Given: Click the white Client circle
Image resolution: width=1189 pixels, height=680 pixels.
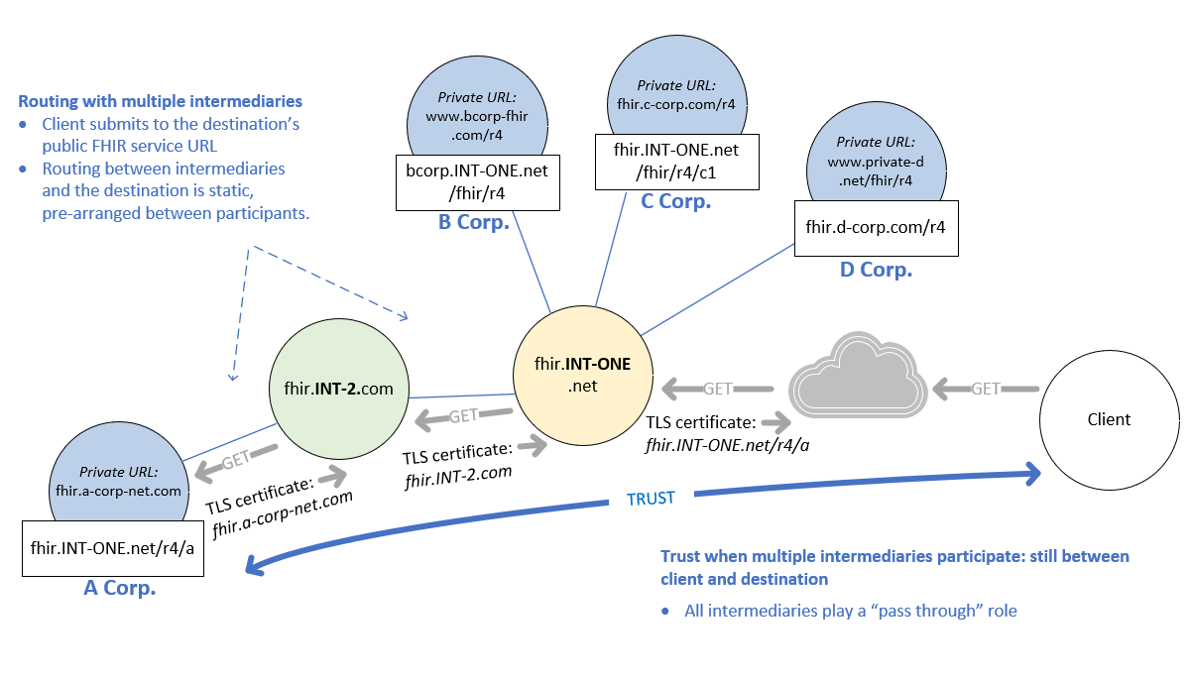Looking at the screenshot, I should pyautogui.click(x=1108, y=418).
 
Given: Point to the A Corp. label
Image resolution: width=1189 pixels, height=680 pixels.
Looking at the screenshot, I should pyautogui.click(x=119, y=588).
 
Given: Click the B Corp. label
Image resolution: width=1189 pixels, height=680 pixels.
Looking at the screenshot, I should pyautogui.click(x=473, y=222).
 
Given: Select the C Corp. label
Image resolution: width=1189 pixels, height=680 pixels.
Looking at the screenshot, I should pyautogui.click(x=676, y=201).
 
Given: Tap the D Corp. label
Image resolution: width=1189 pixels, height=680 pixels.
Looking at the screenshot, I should pyautogui.click(x=876, y=269).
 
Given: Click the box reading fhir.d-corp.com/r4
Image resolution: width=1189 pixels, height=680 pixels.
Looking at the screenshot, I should pyautogui.click(x=876, y=227).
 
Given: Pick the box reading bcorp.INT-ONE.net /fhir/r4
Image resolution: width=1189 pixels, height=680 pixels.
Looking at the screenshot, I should pyautogui.click(x=477, y=181).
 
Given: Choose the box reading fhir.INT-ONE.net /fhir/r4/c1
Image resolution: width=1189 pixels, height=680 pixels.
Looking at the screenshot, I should pyautogui.click(x=677, y=161).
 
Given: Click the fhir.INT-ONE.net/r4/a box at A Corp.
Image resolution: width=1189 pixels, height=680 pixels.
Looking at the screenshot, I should pyautogui.click(x=114, y=546).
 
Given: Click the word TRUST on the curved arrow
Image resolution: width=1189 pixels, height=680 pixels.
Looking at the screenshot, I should pyautogui.click(x=651, y=499).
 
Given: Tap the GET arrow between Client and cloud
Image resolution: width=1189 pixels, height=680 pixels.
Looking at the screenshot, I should pyautogui.click(x=985, y=389).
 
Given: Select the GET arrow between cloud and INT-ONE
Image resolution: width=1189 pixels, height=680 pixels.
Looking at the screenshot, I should pyautogui.click(x=717, y=389).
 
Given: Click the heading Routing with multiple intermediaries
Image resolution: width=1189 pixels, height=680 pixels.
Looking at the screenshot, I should pyautogui.click(x=160, y=101).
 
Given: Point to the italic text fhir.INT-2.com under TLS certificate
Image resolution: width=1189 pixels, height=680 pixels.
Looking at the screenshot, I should pyautogui.click(x=458, y=475).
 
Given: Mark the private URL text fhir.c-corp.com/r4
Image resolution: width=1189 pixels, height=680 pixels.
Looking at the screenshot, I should pyautogui.click(x=675, y=102).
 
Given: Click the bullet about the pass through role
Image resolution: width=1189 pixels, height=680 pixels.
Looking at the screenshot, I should pyautogui.click(x=850, y=611).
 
